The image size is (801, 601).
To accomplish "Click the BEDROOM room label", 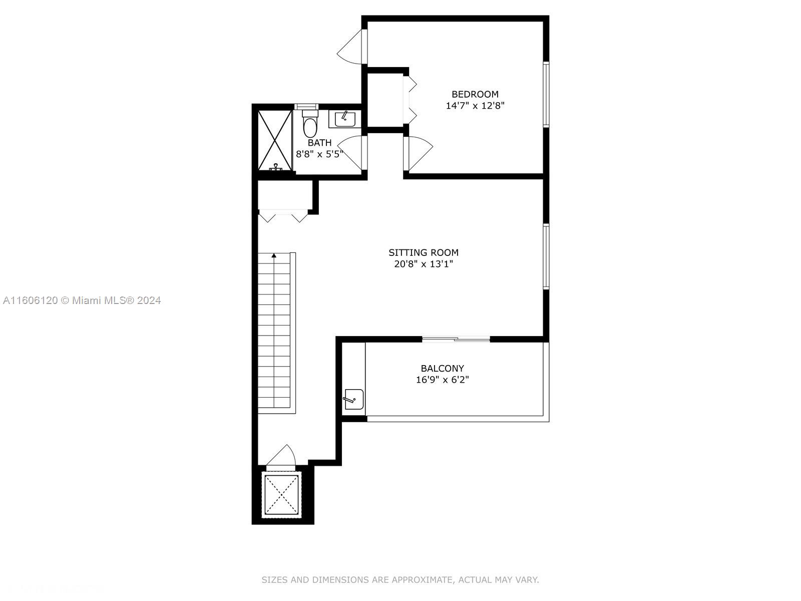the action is click(x=475, y=94).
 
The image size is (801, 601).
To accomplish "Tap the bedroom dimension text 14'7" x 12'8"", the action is click(x=475, y=106).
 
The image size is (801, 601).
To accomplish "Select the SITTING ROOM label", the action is click(x=424, y=252).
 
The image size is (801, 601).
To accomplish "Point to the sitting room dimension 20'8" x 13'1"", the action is click(x=424, y=264).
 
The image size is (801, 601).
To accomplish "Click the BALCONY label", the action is click(x=442, y=368).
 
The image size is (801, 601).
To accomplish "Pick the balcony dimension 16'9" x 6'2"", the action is click(x=442, y=380).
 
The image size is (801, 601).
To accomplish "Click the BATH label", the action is click(x=319, y=143).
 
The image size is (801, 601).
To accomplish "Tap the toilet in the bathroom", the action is click(x=310, y=124).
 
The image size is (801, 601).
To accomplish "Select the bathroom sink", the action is click(x=345, y=119).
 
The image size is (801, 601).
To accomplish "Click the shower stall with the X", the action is click(x=275, y=141).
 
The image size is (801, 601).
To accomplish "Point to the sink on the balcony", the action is click(x=353, y=399).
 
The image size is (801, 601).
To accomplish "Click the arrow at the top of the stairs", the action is click(x=274, y=255).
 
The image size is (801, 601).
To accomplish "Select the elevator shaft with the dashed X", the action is click(x=282, y=495).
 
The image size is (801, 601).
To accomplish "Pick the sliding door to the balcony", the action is click(x=456, y=340).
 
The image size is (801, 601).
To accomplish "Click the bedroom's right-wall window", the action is click(x=546, y=95).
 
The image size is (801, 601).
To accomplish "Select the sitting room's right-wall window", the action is click(x=546, y=256).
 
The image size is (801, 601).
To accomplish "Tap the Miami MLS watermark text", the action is click(x=82, y=300).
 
